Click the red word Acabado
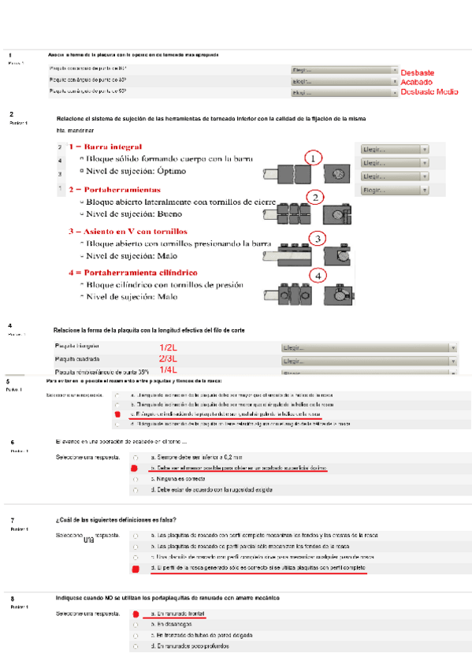416,82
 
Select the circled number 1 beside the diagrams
313,158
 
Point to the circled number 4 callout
317,276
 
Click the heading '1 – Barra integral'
105,147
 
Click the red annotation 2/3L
168,358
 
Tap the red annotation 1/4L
168,369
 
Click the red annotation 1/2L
168,347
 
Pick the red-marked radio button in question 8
136,613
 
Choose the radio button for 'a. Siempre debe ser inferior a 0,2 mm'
136,457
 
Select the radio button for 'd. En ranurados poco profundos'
136,645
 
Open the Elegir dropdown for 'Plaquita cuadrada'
369,360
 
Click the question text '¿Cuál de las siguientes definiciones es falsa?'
116,519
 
